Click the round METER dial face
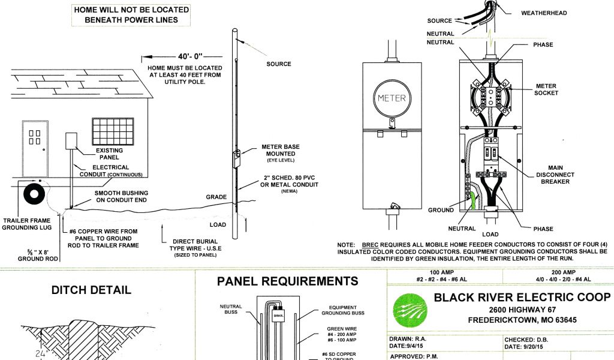pos(391,98)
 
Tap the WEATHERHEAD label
pos(544,13)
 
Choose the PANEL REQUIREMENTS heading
pos(288,281)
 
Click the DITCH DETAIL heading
pos(91,290)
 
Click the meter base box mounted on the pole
pos(236,158)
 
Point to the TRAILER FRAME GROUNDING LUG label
pos(28,224)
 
